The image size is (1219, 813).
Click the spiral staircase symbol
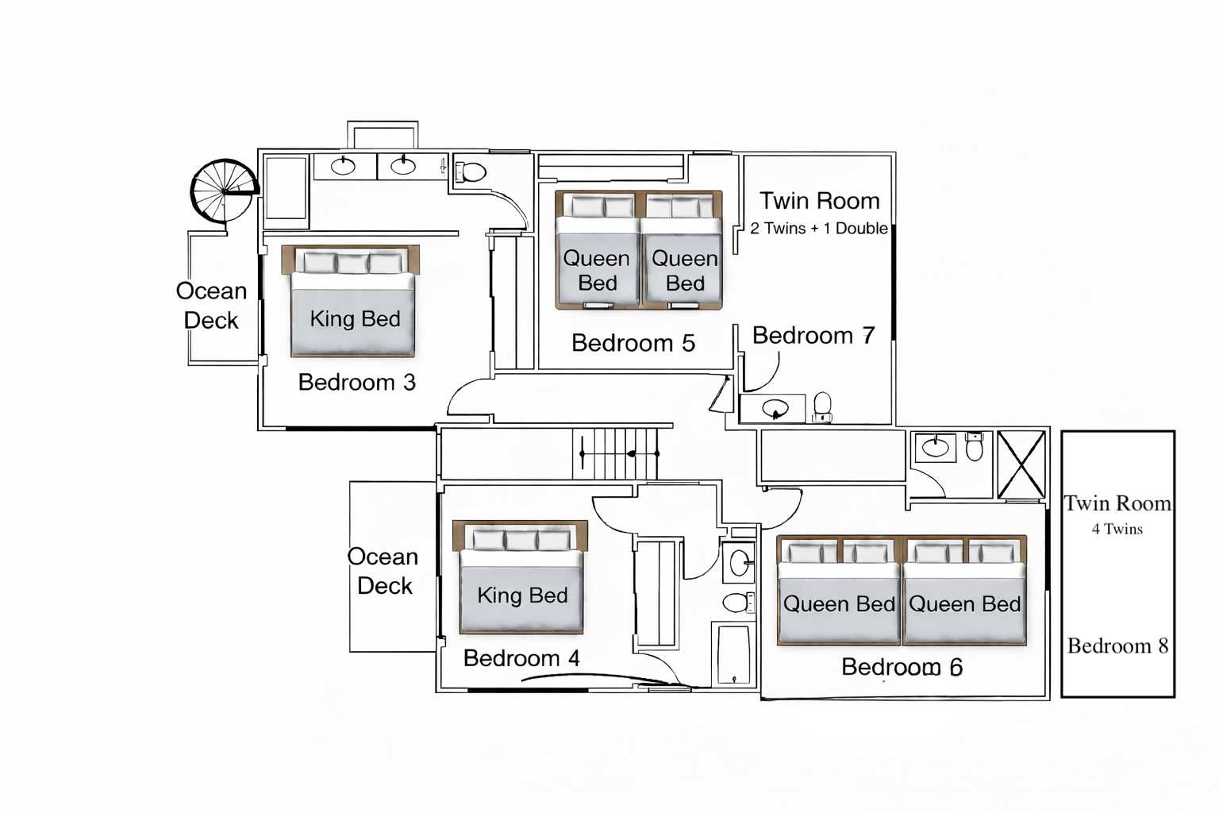(224, 191)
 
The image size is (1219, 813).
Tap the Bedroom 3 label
(356, 383)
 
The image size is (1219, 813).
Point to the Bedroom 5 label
(633, 343)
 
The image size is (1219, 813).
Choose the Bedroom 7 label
(813, 336)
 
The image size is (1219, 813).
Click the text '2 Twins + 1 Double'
(818, 229)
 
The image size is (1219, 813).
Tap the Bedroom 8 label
(1117, 646)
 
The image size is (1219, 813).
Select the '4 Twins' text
(1117, 530)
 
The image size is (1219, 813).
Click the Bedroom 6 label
(902, 667)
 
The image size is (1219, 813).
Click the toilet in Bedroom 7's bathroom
(822, 406)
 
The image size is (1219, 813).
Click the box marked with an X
(1021, 464)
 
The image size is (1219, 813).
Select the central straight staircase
(616, 453)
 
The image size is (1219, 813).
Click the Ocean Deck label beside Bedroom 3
(211, 306)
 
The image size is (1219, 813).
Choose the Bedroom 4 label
(521, 658)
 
